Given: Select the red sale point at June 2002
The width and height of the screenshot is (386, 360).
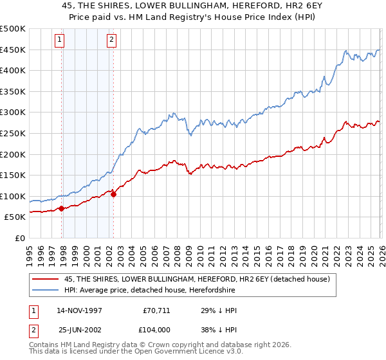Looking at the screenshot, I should tap(114, 194).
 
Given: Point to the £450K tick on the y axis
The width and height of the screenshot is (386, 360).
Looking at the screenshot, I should tap(13, 50).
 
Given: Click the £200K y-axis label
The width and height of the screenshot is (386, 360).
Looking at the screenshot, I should tap(13, 154).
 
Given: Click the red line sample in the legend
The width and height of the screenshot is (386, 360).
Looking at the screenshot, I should tap(45, 279).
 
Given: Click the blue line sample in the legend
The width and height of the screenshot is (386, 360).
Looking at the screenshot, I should tap(45, 291).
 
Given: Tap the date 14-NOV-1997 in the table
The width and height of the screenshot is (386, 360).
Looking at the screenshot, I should tap(80, 310).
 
